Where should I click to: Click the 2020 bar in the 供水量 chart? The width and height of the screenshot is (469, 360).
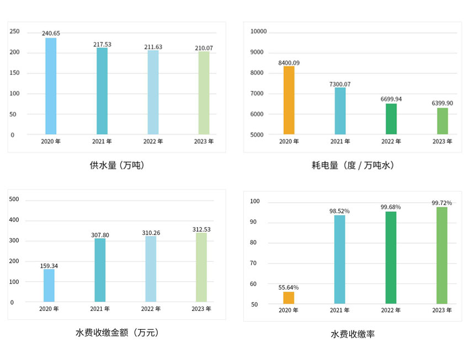pos(51,86)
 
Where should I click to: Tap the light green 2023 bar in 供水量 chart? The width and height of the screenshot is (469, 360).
pos(204,93)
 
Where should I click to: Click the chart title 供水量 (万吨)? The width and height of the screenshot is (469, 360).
pos(117,165)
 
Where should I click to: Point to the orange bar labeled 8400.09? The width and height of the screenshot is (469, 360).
pos(289,100)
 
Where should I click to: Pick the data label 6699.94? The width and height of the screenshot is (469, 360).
pos(391,99)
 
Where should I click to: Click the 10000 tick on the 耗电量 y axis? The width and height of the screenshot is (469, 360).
pos(258,31)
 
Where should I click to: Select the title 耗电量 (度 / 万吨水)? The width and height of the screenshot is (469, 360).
pos(353,165)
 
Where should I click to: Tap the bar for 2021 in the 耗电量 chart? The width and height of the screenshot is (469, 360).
pos(340,111)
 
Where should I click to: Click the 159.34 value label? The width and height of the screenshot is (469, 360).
pos(49,266)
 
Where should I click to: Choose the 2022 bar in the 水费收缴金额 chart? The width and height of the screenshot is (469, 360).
pos(151,269)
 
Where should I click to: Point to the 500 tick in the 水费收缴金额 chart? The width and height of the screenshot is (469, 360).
pos(15,200)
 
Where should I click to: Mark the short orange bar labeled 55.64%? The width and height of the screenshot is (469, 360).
pos(289,298)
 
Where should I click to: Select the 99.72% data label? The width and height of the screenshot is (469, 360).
pos(442,203)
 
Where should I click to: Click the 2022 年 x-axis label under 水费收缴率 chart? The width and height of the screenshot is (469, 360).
pos(391,310)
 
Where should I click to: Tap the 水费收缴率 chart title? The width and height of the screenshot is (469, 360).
pos(353,334)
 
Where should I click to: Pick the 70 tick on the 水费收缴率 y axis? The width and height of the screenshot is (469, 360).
pos(253,264)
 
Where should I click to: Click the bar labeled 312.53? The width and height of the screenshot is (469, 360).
pos(201,267)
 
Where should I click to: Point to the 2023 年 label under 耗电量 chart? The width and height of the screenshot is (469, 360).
pos(442,142)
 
